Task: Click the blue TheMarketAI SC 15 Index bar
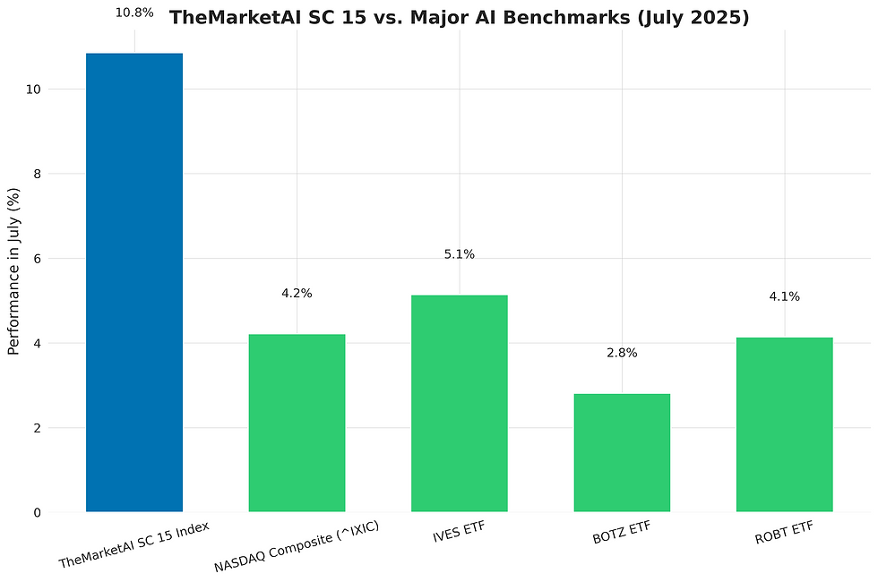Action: pyautogui.click(x=134, y=282)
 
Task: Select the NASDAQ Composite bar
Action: pyautogui.click(x=297, y=423)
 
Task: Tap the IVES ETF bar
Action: pyautogui.click(x=460, y=403)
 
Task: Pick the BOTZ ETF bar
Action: pyautogui.click(x=622, y=452)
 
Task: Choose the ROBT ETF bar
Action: pyautogui.click(x=784, y=424)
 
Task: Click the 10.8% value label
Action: pyautogui.click(x=134, y=13)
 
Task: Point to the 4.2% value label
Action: pyautogui.click(x=297, y=294)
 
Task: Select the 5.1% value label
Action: pyautogui.click(x=460, y=255)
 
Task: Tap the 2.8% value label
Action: pyautogui.click(x=622, y=353)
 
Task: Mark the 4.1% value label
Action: pyautogui.click(x=784, y=296)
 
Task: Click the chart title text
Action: pyautogui.click(x=460, y=18)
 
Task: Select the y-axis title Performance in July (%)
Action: pyautogui.click(x=13, y=271)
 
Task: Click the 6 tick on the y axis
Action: pyautogui.click(x=36, y=259)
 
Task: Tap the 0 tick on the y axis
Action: pyautogui.click(x=36, y=512)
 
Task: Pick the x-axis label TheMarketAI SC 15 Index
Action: pyautogui.click(x=134, y=544)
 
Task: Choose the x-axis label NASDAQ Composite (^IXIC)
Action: pyautogui.click(x=297, y=546)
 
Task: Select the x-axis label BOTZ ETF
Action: pyautogui.click(x=621, y=533)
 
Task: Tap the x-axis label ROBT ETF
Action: pyautogui.click(x=784, y=533)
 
